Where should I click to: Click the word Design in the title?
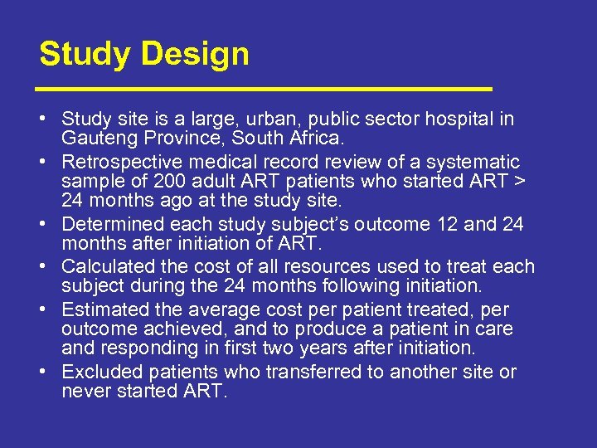195,55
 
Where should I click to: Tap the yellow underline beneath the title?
265,87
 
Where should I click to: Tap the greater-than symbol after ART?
512,181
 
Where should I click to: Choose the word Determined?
110,224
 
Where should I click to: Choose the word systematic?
471,161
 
